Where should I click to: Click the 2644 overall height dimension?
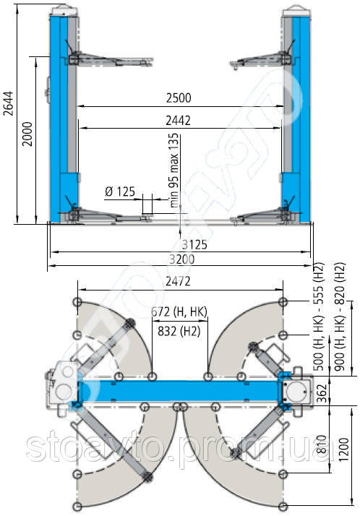click(x=9, y=103)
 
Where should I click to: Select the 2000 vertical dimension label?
click(x=27, y=134)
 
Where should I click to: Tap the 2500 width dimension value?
click(x=179, y=98)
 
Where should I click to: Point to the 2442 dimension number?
click(x=178, y=121)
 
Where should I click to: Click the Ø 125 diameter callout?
click(x=120, y=192)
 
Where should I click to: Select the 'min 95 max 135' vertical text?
click(x=173, y=170)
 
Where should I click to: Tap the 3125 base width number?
click(x=194, y=244)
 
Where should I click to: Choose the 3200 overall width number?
click(x=181, y=259)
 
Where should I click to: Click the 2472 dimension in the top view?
click(x=178, y=281)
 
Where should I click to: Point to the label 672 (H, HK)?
click(x=179, y=311)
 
